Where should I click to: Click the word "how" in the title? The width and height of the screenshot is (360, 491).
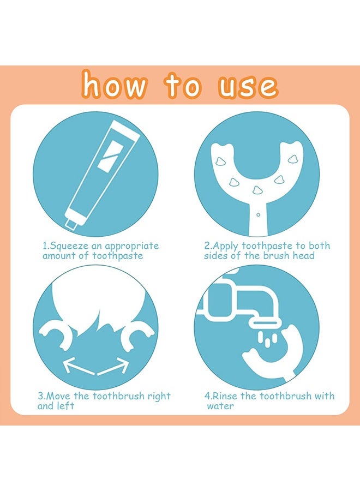114,85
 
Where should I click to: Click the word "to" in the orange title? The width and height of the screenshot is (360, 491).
183,85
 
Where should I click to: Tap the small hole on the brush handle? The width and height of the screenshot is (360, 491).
258,214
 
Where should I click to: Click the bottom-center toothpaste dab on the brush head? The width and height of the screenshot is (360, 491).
257,190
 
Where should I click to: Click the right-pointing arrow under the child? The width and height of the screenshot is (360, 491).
113,367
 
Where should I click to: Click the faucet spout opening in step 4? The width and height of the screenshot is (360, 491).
265,322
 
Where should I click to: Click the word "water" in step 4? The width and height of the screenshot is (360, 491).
220,406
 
